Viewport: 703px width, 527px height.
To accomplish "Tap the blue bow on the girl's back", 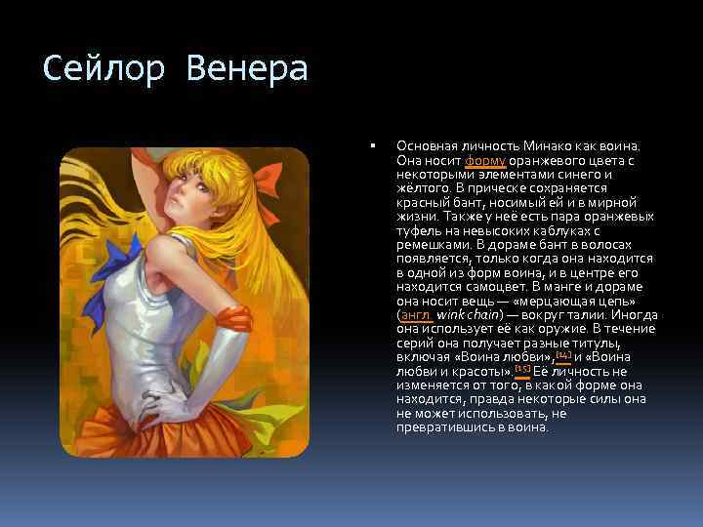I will point(120,262).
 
